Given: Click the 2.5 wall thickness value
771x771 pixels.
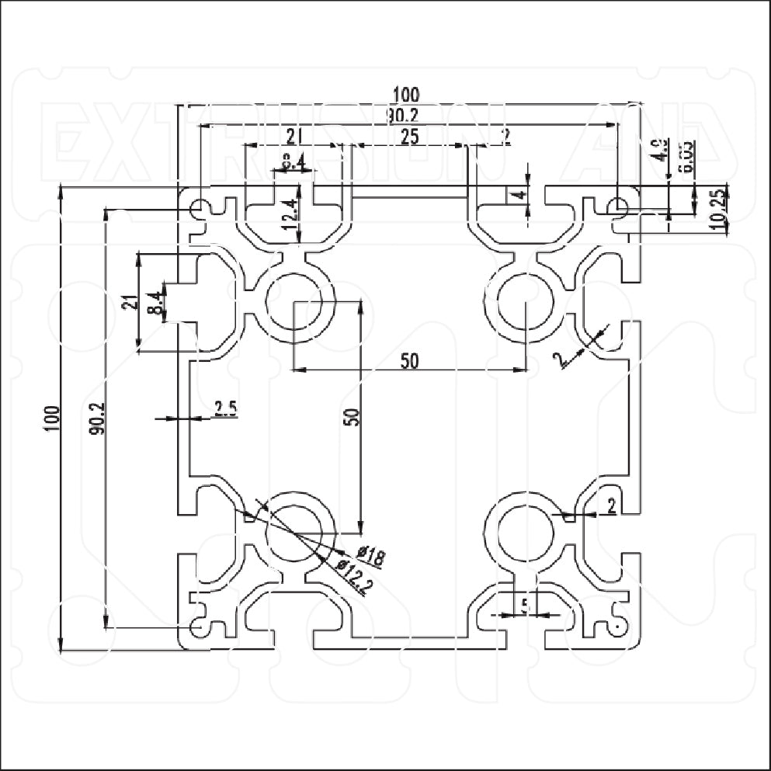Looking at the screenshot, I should (225, 409).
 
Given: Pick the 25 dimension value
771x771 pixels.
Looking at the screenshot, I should (409, 137).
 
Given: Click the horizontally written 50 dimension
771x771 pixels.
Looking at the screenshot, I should (409, 360).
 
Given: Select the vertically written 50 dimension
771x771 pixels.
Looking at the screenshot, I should (352, 416).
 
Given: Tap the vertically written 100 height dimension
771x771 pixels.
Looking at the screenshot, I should (52, 419).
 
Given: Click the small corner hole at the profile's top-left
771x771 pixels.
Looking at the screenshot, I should (201, 208).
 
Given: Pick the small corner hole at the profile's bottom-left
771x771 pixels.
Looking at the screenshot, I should (201, 625).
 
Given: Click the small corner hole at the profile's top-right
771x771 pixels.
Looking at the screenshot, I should (618, 207).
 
